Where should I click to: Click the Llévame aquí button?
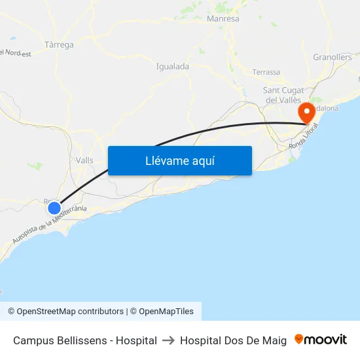click(179, 160)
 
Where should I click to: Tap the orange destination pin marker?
click(306, 114)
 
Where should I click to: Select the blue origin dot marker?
click(54, 208)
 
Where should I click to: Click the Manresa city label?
click(223, 19)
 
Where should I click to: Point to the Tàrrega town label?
click(60, 45)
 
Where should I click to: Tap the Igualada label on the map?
click(173, 66)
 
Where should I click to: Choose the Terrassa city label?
click(266, 72)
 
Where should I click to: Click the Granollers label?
click(333, 58)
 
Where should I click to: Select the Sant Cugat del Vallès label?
click(282, 95)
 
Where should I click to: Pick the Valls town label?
click(84, 160)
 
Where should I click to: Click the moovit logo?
click(321, 340)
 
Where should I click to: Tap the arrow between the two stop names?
click(168, 340)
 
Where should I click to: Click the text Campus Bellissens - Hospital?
click(85, 340)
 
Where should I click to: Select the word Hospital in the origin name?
click(135, 340)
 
